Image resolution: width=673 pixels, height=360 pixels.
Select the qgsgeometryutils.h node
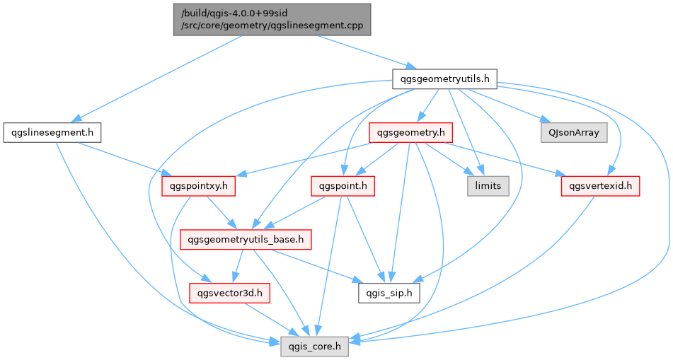[x=445, y=78]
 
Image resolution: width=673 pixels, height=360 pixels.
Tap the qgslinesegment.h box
[x=52, y=132]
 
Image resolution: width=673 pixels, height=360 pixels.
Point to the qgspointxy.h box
[x=197, y=186]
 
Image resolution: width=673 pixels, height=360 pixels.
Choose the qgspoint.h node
[x=343, y=186]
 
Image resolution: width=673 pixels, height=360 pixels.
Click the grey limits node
[x=488, y=186]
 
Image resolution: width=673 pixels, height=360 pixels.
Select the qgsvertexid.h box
[x=600, y=186]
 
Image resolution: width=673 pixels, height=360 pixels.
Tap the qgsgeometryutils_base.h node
[x=245, y=240]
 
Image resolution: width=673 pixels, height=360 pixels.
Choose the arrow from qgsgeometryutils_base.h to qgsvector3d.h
[x=237, y=266]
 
